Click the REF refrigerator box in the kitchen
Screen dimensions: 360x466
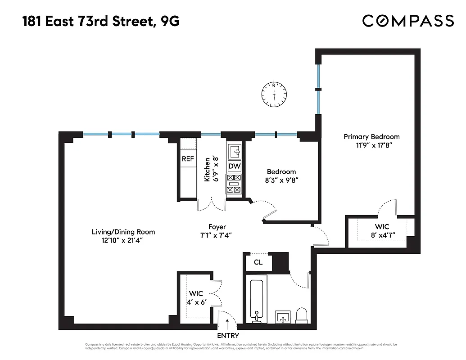(x=188, y=159)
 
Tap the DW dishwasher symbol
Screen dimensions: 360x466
(x=235, y=166)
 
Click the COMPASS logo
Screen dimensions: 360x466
(x=408, y=21)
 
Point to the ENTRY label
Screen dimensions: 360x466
(x=228, y=336)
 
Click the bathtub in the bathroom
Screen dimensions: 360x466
(x=256, y=299)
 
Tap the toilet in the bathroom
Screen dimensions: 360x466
(x=301, y=315)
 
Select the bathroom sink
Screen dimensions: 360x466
(x=283, y=317)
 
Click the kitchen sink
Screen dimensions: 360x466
(x=235, y=152)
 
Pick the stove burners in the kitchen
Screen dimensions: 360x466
(x=234, y=184)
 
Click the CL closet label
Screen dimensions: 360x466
(x=258, y=262)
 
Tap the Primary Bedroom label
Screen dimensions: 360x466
(x=371, y=137)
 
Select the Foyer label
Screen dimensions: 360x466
(x=217, y=227)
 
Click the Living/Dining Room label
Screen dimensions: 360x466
(x=123, y=232)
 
